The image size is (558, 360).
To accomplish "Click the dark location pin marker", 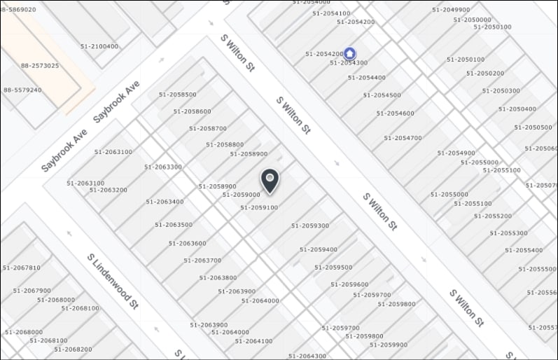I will tap(270, 180).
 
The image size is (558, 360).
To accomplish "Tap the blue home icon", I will tap(350, 53).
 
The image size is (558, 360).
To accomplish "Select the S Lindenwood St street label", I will tap(113, 281).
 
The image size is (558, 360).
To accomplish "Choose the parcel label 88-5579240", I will tap(22, 90).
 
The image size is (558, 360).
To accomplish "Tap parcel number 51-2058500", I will tap(178, 94).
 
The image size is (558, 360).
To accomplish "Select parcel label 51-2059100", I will tap(259, 207).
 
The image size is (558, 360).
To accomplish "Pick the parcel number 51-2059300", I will tap(310, 226).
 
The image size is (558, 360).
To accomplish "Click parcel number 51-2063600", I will tap(187, 243).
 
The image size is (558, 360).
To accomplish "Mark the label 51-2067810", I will tap(22, 268).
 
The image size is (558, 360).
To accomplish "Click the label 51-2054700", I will tap(399, 138).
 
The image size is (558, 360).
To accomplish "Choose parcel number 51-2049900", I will tap(451, 10).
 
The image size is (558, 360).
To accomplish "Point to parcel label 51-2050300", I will tap(501, 90).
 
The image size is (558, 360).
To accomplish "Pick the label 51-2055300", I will tap(510, 233).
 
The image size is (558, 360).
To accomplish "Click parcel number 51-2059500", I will tap(333, 267).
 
